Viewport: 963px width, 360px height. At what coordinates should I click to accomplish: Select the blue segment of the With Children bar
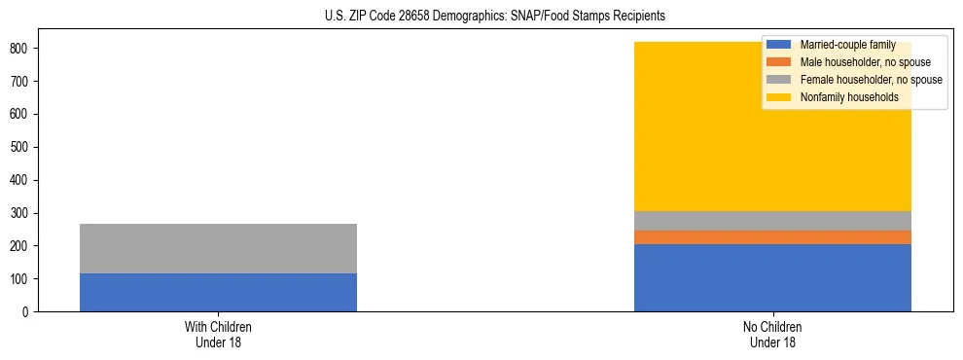click(x=218, y=292)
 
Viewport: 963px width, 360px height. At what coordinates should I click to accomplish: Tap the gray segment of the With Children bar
click(x=218, y=248)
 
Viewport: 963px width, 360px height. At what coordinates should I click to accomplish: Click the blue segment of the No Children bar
click(x=772, y=277)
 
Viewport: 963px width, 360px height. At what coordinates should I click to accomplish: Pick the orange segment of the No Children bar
click(x=772, y=237)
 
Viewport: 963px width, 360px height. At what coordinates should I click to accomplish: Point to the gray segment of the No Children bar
click(x=772, y=221)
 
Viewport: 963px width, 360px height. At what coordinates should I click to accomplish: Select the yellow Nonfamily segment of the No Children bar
click(x=681, y=146)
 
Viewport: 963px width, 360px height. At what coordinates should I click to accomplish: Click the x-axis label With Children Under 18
click(x=218, y=334)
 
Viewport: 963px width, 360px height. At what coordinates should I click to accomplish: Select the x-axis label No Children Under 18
click(x=772, y=334)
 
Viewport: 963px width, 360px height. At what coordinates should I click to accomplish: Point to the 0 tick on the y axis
click(x=28, y=312)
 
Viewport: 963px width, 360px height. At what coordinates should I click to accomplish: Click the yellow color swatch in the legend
click(x=779, y=97)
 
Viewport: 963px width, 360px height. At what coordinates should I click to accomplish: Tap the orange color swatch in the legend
click(x=779, y=62)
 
